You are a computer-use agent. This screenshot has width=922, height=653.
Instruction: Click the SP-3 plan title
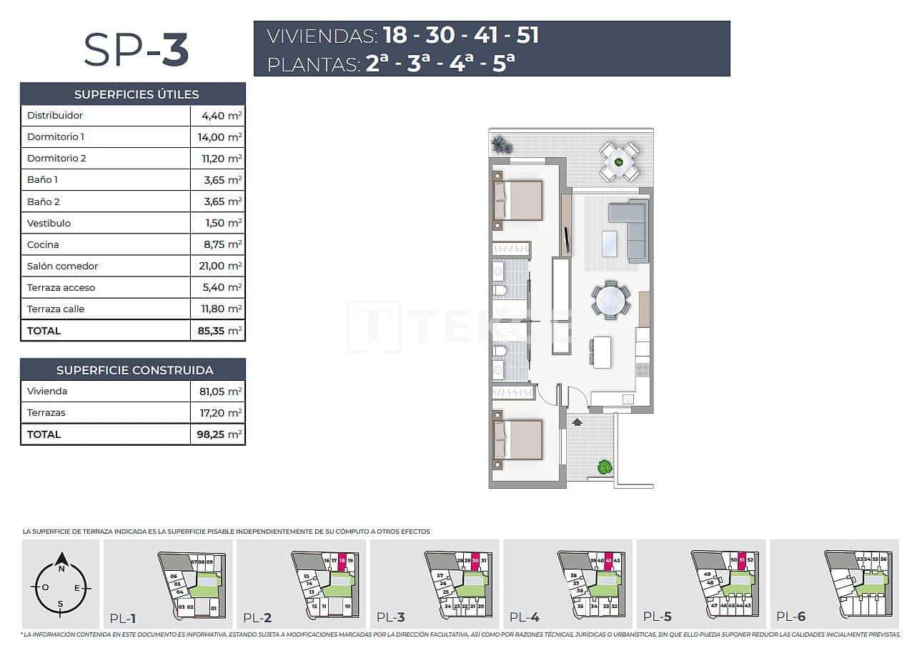pyautogui.click(x=136, y=50)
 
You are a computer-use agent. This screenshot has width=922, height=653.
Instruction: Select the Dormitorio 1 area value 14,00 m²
pyautogui.click(x=218, y=136)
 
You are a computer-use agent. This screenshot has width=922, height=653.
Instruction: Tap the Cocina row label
pyautogui.click(x=43, y=244)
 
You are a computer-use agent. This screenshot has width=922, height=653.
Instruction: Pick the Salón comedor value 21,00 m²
pyautogui.click(x=218, y=266)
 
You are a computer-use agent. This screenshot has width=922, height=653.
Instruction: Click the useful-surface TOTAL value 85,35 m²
pyautogui.click(x=218, y=331)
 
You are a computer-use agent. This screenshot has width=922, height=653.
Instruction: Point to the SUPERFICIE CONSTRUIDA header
pyautogui.click(x=134, y=370)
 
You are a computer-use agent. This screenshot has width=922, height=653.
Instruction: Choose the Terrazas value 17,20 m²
pyautogui.click(x=218, y=412)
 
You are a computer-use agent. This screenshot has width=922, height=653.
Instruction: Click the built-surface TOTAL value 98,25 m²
pyautogui.click(x=218, y=434)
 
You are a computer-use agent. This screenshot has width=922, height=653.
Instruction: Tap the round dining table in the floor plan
pyautogui.click(x=611, y=299)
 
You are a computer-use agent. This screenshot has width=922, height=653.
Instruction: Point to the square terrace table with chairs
pyautogui.click(x=619, y=162)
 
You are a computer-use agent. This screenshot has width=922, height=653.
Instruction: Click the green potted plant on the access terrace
pyautogui.click(x=605, y=467)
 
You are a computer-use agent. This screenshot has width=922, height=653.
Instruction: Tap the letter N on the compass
pyautogui.click(x=61, y=569)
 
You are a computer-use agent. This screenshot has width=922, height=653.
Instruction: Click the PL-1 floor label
pyautogui.click(x=123, y=618)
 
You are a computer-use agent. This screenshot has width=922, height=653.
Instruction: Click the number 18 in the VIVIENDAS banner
pyautogui.click(x=397, y=35)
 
